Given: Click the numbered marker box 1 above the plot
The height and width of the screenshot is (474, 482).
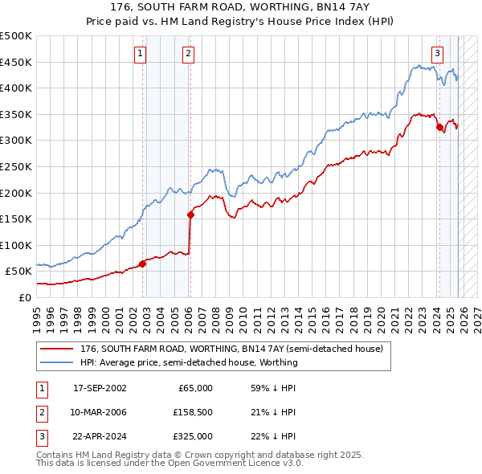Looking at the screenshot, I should (x=140, y=54).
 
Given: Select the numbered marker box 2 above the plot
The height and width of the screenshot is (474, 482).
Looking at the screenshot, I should (x=188, y=54).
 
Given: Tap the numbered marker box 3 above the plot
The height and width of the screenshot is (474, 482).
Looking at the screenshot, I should (x=437, y=54).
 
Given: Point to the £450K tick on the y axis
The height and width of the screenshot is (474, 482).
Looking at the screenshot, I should (x=16, y=62).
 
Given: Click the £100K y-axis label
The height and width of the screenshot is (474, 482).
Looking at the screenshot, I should (x=16, y=245).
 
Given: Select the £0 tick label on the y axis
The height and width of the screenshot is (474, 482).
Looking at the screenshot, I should (x=24, y=297).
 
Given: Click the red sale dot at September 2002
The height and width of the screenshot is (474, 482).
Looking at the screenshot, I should (x=142, y=263).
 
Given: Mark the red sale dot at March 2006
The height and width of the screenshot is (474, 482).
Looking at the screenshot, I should (x=190, y=215).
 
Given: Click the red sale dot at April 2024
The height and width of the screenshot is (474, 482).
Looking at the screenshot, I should (x=439, y=127).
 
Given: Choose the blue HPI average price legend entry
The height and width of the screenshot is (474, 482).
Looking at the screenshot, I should (x=189, y=362).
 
